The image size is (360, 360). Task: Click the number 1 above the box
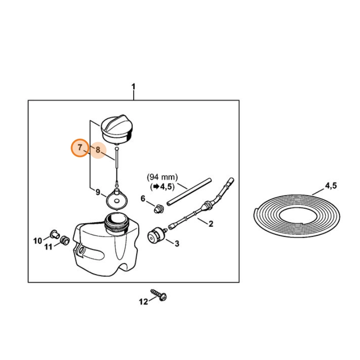(133, 87)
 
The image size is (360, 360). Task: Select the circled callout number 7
(80, 147)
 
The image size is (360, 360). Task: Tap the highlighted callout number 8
(98, 150)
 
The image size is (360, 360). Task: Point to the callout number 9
(98, 192)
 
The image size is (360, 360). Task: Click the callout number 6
(143, 198)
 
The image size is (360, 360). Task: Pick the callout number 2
(211, 224)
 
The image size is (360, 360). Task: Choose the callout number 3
(177, 243)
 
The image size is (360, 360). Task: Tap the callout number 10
(38, 241)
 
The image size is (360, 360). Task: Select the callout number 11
(48, 247)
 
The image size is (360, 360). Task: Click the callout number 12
(144, 301)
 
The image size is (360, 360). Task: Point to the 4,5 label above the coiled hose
(331, 185)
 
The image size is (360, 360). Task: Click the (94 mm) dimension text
(162, 177)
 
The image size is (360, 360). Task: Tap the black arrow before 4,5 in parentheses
(156, 187)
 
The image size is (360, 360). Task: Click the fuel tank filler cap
(117, 129)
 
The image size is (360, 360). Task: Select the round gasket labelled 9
(117, 199)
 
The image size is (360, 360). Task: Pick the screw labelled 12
(159, 295)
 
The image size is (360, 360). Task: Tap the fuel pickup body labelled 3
(156, 235)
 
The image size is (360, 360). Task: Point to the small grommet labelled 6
(159, 209)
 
